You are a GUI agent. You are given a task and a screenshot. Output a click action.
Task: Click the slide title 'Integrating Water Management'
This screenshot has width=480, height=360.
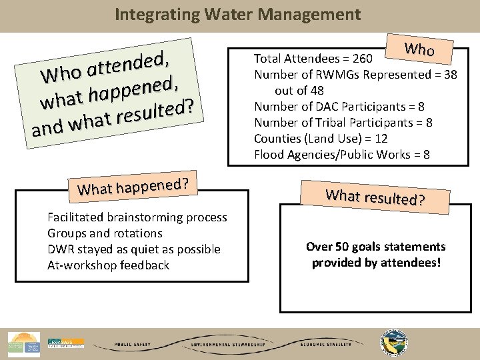(x=238, y=14)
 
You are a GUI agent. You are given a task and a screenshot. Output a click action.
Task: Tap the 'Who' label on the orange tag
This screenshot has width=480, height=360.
(x=420, y=49)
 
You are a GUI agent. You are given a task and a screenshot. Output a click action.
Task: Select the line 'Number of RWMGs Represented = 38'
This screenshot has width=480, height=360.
(x=355, y=75)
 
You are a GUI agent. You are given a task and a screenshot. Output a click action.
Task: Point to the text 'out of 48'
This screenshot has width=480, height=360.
(x=299, y=91)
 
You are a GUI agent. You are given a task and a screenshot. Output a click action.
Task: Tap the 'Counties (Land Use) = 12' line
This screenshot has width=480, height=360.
(x=321, y=139)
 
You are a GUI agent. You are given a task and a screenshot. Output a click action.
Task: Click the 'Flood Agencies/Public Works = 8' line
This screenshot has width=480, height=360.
(x=341, y=155)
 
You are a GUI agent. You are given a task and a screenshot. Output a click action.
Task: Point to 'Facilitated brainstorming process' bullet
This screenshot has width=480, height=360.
(x=137, y=217)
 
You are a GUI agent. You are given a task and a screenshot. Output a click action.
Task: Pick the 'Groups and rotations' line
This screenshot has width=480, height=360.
(x=105, y=233)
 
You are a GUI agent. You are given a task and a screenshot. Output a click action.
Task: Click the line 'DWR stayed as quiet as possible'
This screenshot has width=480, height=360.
(x=133, y=249)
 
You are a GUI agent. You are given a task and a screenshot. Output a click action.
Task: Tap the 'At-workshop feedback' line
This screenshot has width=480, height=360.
(x=108, y=265)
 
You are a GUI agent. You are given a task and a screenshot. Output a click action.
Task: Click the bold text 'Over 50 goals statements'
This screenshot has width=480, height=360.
(x=375, y=247)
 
